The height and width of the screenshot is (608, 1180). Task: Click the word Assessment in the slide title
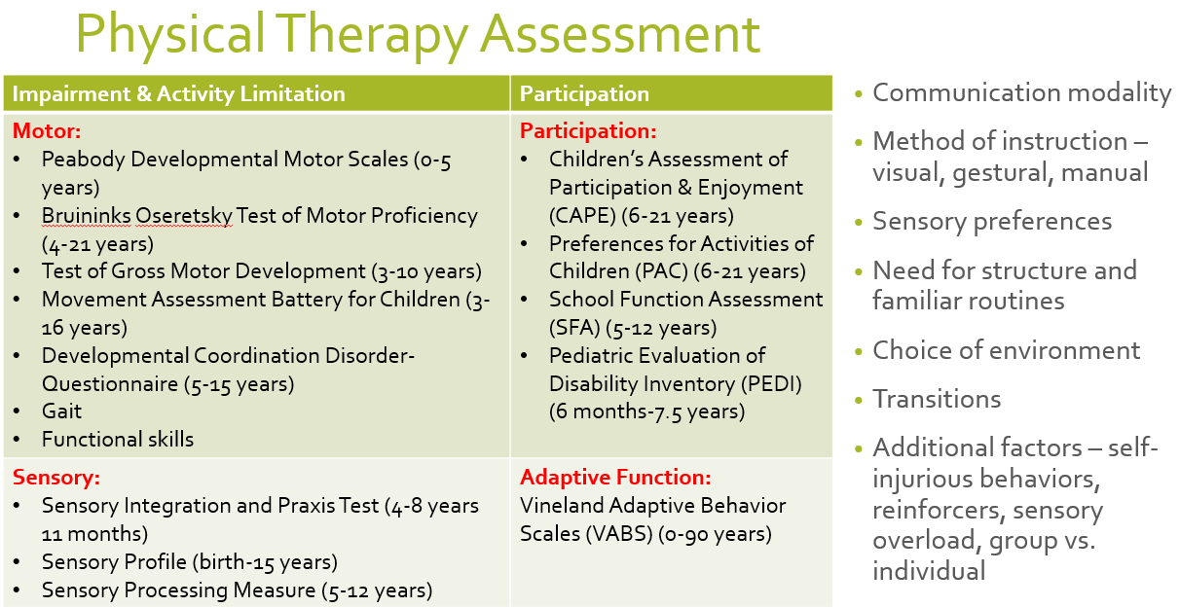click(620, 35)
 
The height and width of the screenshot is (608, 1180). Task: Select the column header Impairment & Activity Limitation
click(178, 94)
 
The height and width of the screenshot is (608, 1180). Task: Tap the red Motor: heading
click(47, 131)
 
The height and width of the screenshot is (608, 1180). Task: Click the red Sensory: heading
click(56, 478)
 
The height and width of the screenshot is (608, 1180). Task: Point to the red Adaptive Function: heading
click(615, 478)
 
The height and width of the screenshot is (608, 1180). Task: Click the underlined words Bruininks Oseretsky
click(137, 216)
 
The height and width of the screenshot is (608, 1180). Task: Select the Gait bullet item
click(61, 411)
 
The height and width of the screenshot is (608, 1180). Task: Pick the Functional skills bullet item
click(118, 439)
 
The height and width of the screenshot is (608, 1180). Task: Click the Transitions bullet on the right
click(936, 399)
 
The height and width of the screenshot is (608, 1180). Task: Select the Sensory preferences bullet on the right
click(991, 221)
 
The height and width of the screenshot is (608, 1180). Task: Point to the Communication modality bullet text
click(1021, 92)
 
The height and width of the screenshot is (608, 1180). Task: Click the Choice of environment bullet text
click(1006, 350)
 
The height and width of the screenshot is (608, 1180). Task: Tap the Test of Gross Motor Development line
click(261, 271)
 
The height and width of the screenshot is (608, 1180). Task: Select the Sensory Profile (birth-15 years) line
click(189, 562)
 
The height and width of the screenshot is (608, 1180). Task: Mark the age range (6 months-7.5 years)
click(646, 411)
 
